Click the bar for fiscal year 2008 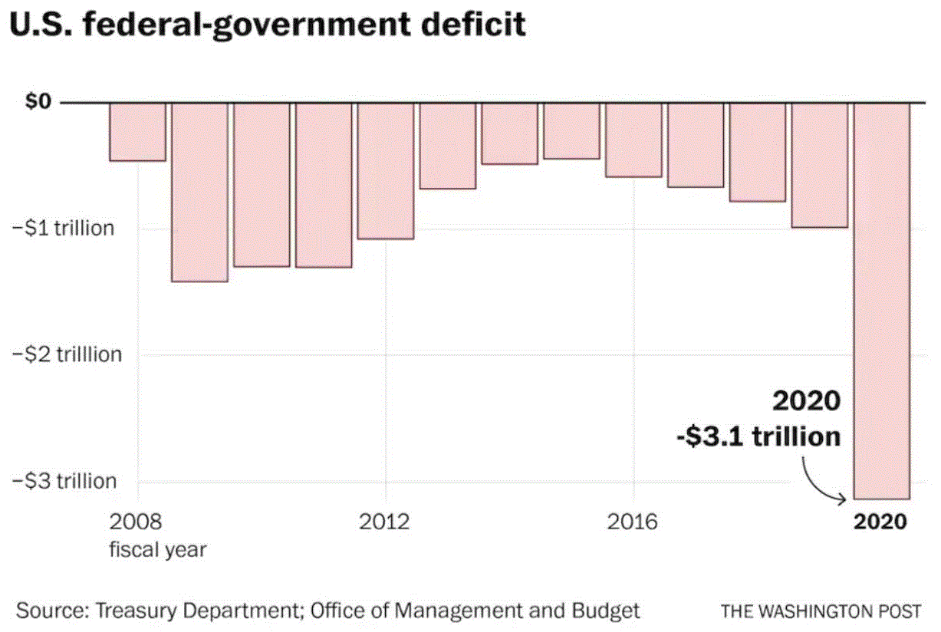tap(137, 132)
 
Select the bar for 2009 tap(199, 192)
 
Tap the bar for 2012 tap(386, 170)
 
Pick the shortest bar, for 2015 tap(572, 131)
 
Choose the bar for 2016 tap(633, 140)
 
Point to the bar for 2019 tap(820, 165)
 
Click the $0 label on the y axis tap(31, 101)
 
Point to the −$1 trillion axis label tap(63, 228)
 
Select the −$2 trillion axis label tap(67, 354)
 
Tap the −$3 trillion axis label tap(64, 481)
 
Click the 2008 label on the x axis tap(137, 522)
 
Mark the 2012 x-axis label tap(385, 522)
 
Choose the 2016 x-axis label tap(633, 522)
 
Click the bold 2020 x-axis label tap(880, 522)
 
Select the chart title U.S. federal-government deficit tap(268, 25)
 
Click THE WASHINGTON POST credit tap(821, 611)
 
